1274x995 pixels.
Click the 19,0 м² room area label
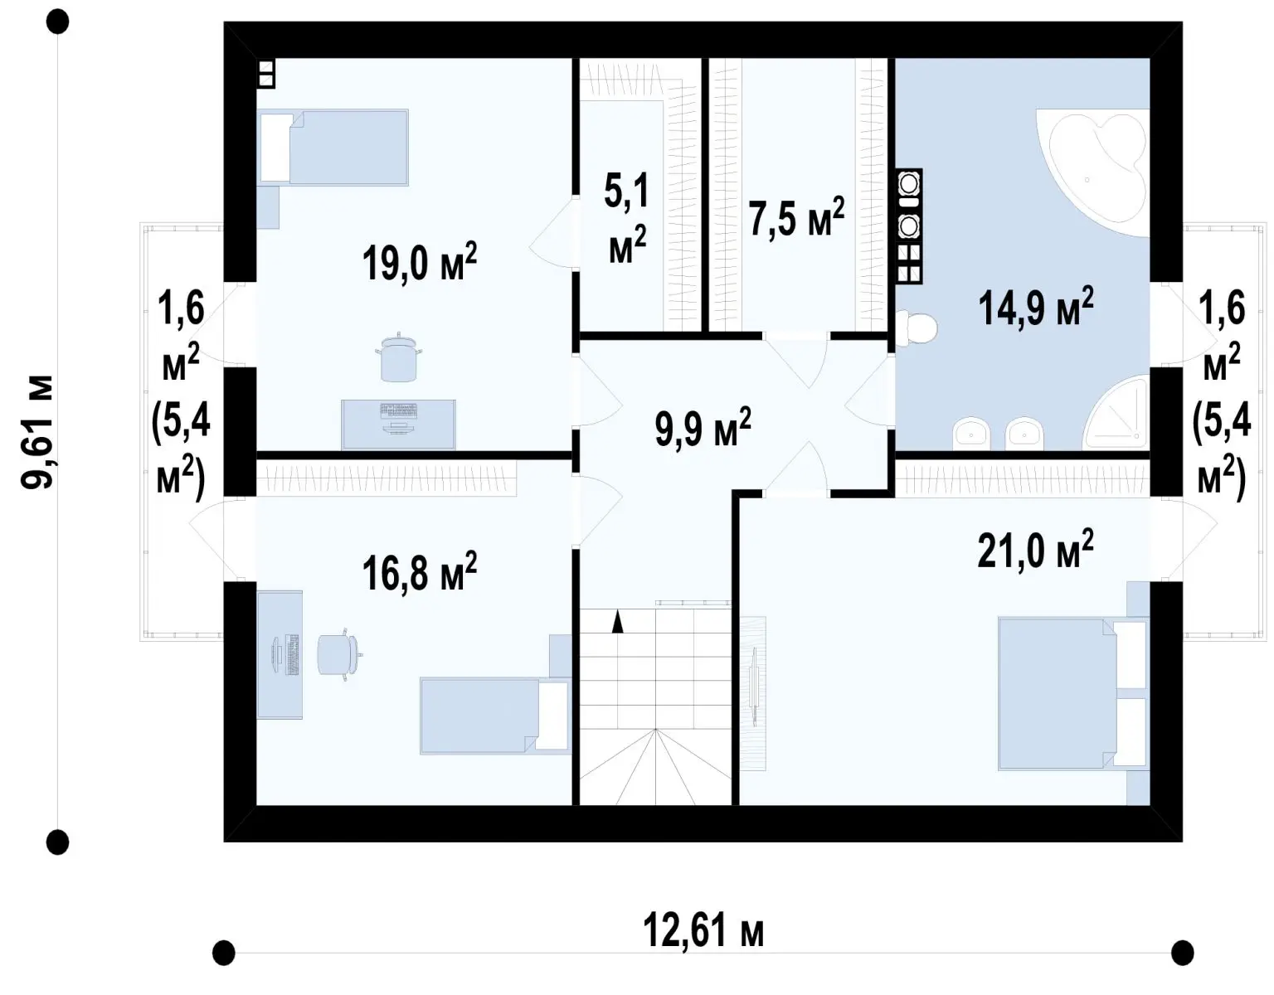(x=419, y=263)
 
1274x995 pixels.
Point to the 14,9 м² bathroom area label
(x=1035, y=307)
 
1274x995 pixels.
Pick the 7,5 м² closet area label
(x=797, y=216)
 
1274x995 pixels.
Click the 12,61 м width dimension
(x=703, y=930)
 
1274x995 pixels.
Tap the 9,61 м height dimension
(x=37, y=432)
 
